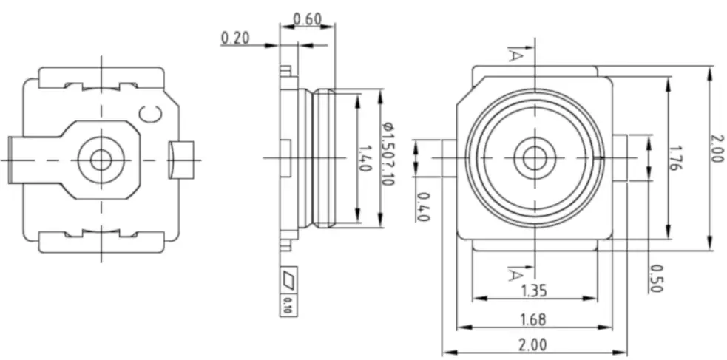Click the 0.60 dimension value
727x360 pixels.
[x=307, y=18]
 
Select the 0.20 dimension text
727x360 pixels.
[x=235, y=37]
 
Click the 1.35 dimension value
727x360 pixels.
[x=534, y=291]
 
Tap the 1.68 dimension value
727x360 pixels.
[x=533, y=319]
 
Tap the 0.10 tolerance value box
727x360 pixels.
[x=288, y=305]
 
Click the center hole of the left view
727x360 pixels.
[x=100, y=158]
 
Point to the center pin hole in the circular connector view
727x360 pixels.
[x=532, y=157]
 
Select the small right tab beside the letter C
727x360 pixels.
[x=183, y=159]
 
